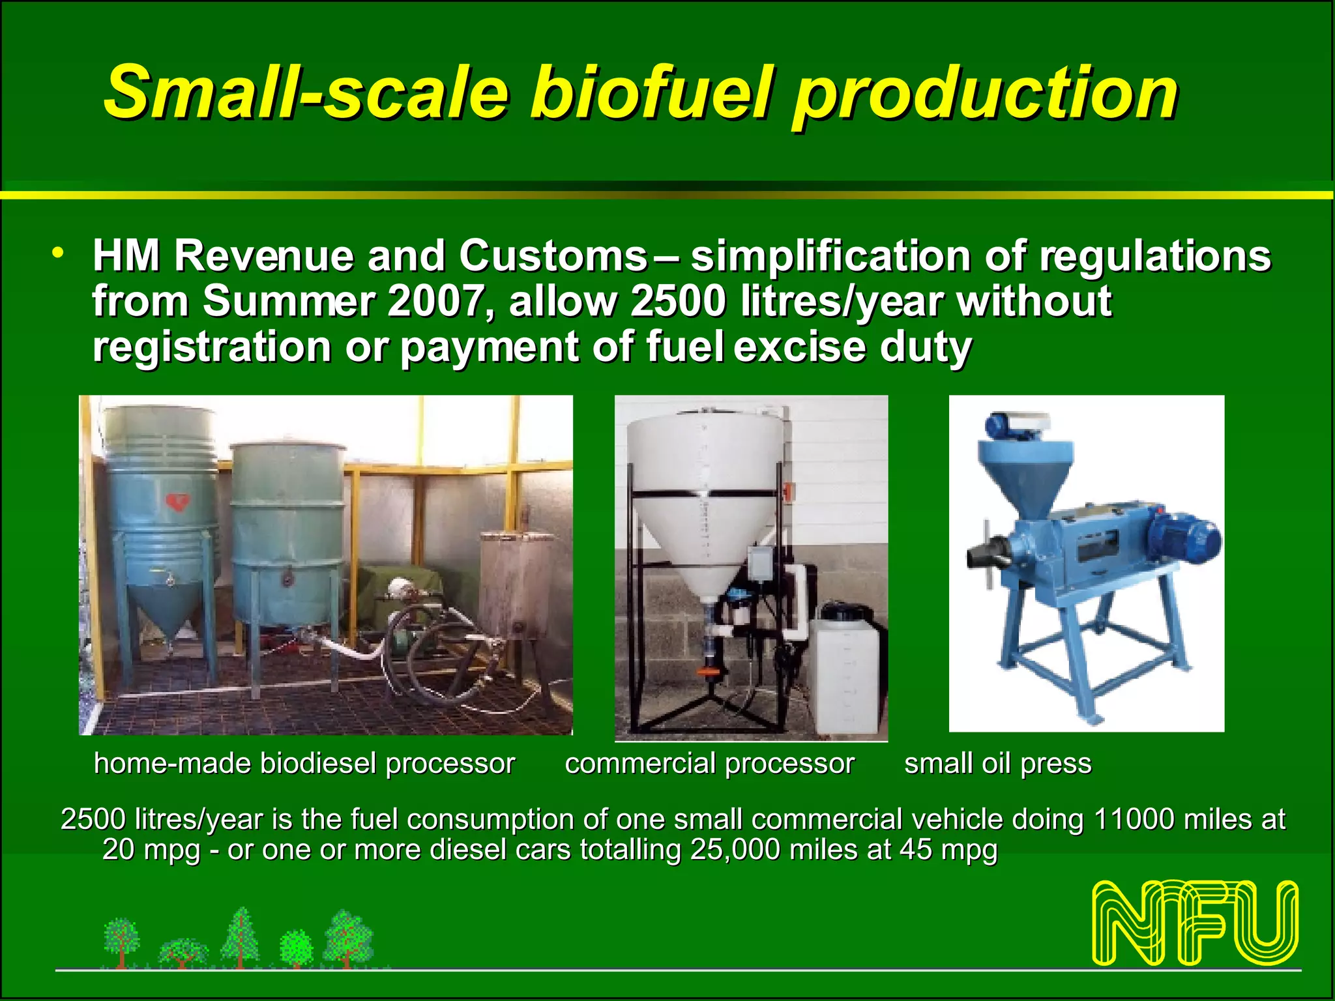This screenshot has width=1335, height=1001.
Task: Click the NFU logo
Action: [1195, 923]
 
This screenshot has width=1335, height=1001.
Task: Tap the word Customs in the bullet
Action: [552, 255]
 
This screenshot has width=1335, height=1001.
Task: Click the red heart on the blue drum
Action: [177, 501]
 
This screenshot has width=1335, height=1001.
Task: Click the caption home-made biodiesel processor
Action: [304, 763]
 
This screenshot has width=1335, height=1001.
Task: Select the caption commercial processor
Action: [709, 763]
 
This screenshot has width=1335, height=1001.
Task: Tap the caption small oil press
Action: [997, 763]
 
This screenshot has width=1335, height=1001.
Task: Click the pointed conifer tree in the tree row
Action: [241, 936]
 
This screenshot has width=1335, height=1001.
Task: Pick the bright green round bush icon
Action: [297, 948]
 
